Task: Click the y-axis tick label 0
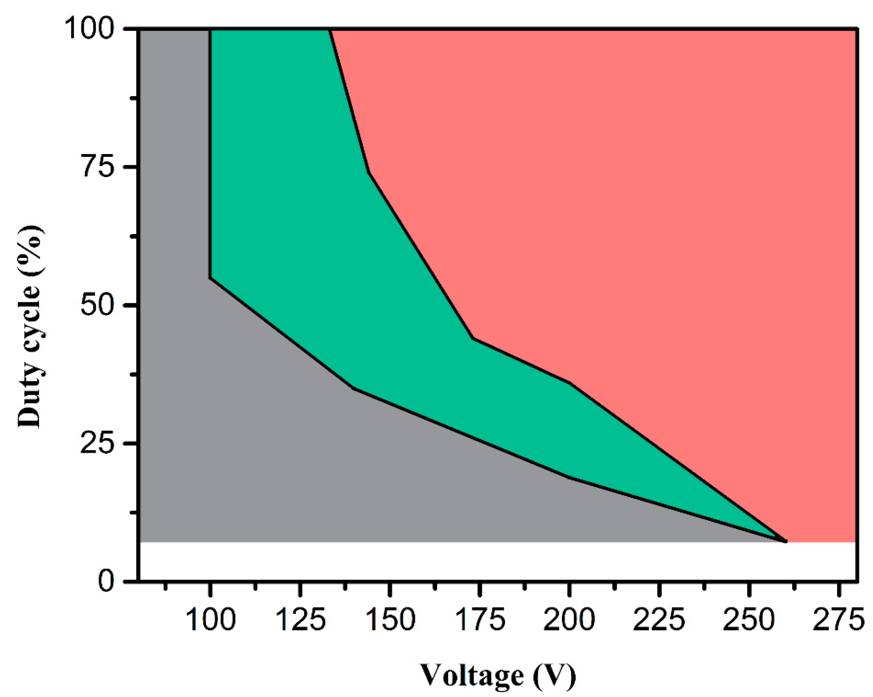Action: (106, 582)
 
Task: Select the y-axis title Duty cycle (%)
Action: (30, 326)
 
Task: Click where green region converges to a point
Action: (785, 541)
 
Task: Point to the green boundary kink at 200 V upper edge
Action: (570, 383)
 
